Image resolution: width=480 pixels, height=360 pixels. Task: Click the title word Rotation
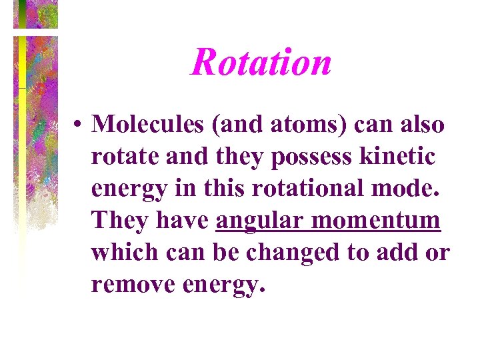click(x=261, y=63)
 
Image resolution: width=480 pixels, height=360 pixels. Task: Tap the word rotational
click(x=308, y=189)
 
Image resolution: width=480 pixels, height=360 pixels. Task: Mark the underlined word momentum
click(x=379, y=221)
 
